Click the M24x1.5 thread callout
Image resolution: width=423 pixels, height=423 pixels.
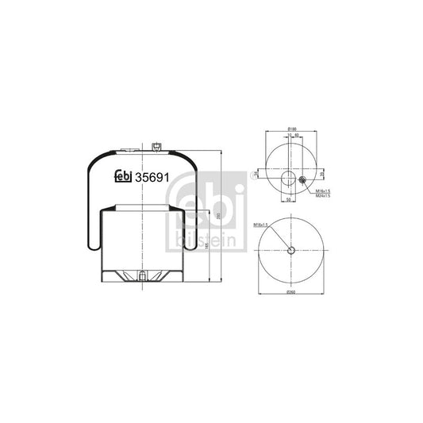[322, 197]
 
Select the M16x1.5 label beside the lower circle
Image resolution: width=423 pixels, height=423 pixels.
[262, 225]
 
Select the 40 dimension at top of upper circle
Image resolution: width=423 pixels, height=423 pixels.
[297, 136]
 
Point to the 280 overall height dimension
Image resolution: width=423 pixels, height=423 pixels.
[217, 215]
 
